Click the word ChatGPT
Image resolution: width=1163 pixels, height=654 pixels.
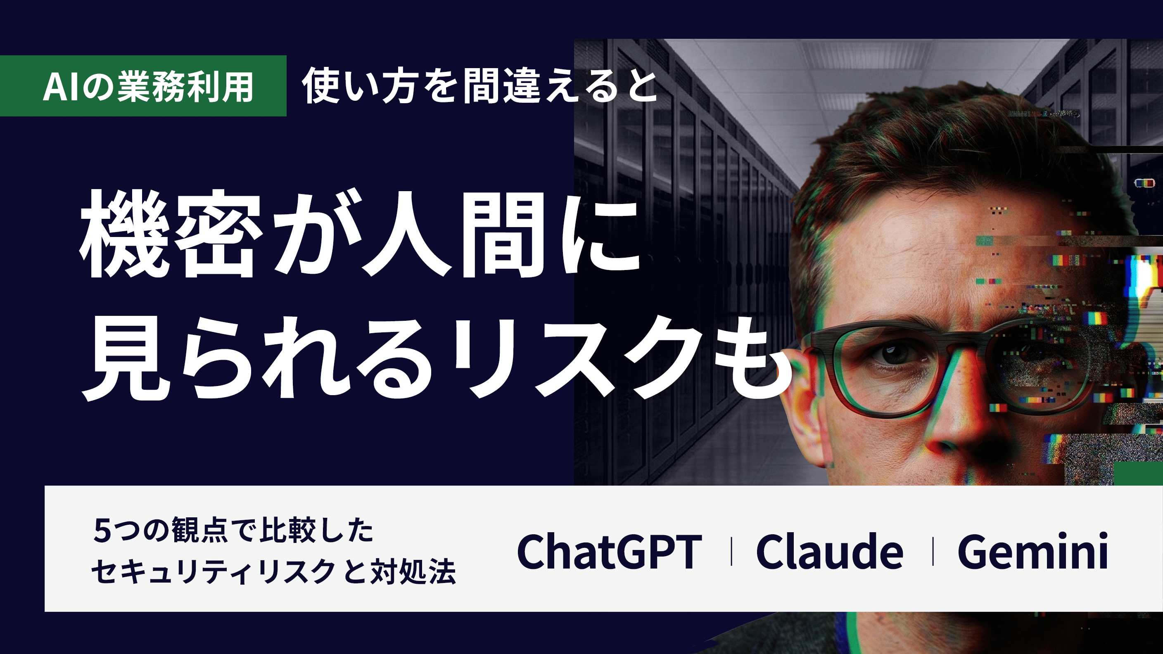(x=609, y=551)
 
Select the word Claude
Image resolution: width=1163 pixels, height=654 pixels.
(x=829, y=551)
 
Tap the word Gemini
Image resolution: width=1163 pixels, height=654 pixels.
(x=1033, y=551)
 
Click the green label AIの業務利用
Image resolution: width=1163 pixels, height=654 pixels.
(x=143, y=86)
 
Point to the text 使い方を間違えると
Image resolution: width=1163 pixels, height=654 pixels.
(x=479, y=86)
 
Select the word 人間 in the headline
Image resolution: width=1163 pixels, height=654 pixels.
(x=455, y=233)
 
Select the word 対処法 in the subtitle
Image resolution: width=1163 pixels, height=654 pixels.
(x=413, y=572)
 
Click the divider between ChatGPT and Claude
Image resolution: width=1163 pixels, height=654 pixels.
(x=731, y=551)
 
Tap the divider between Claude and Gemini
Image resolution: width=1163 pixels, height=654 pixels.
(x=933, y=551)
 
